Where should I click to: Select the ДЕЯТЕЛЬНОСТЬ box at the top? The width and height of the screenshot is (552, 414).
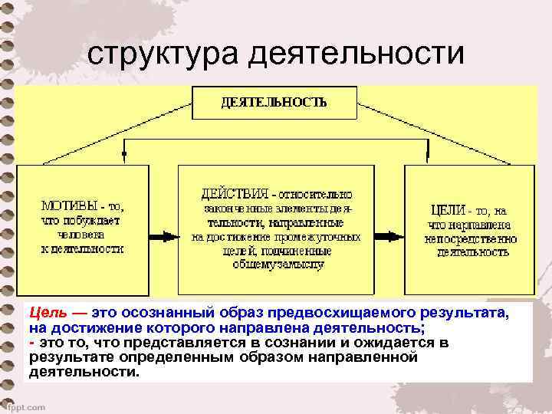click(x=274, y=103)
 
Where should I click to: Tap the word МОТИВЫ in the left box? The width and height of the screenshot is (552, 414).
click(x=68, y=206)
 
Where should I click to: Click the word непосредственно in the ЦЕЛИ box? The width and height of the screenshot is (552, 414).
click(x=470, y=238)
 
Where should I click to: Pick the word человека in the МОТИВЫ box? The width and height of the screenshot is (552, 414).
click(x=81, y=235)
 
